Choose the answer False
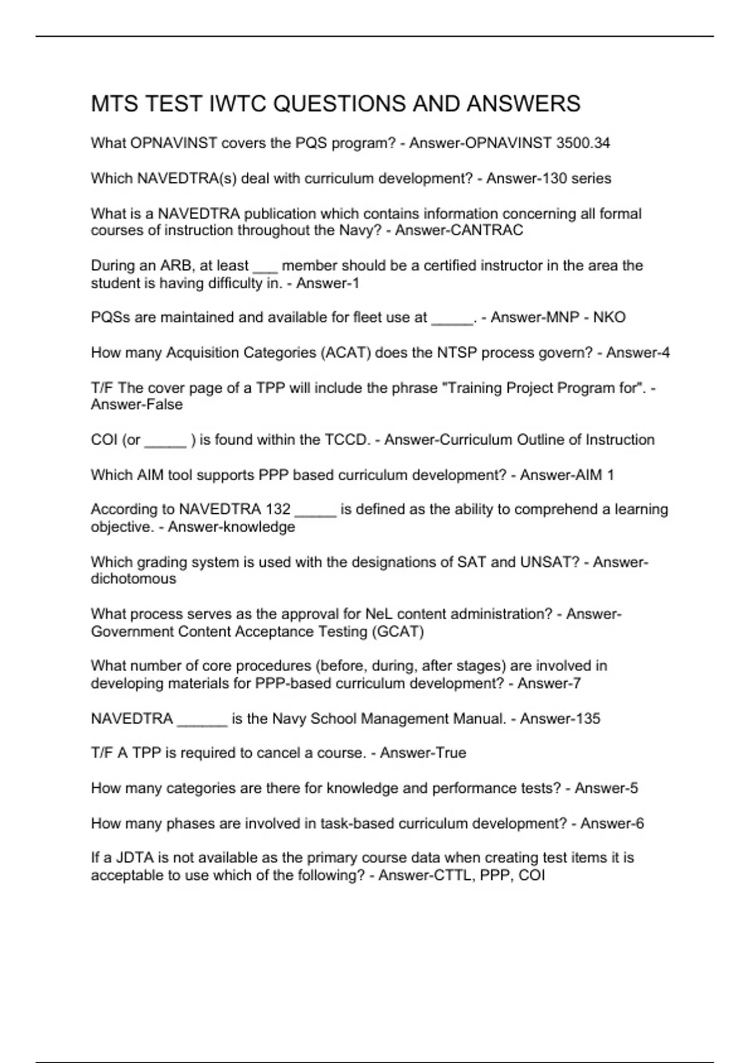[160, 405]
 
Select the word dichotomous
[133, 579]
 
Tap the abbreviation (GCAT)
[398, 632]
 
